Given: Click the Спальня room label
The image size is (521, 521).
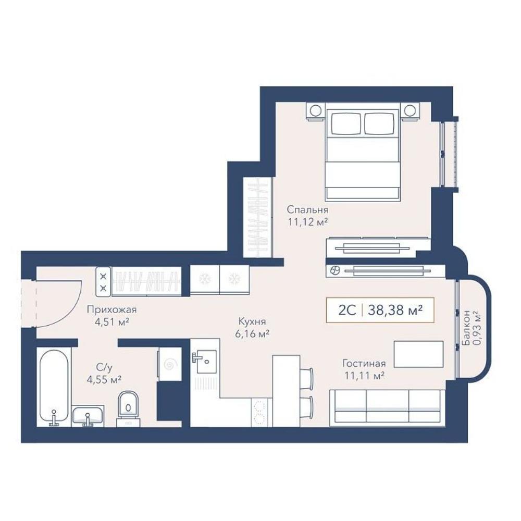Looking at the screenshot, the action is click(307, 210).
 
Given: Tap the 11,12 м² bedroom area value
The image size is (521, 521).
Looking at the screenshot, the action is click(308, 221).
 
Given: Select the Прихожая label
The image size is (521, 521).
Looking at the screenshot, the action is click(111, 310).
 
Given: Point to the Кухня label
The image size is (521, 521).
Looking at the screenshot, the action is click(252, 321).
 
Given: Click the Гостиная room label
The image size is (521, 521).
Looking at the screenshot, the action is click(364, 364).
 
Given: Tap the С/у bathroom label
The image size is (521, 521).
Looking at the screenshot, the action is click(104, 368).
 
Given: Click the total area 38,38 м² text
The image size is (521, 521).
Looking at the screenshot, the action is click(395, 311).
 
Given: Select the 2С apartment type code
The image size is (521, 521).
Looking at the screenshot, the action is click(347, 311).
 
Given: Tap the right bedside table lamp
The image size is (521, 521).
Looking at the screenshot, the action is click(410, 110).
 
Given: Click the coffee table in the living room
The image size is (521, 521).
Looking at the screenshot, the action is click(419, 354).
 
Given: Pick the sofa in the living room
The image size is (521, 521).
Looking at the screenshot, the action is click(387, 408).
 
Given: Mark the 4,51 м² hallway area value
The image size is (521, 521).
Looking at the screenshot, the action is click(112, 322).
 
